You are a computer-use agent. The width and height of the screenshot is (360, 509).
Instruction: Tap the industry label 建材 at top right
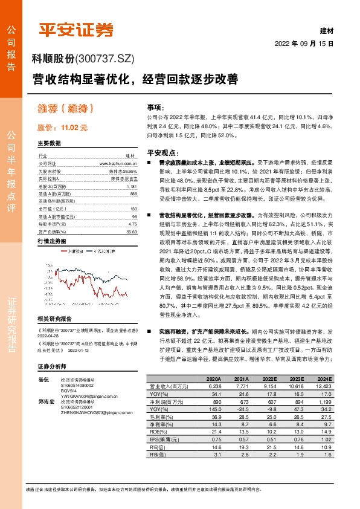pyautogui.click(x=326, y=30)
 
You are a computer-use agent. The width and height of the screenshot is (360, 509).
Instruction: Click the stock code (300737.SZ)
pyautogui.click(x=105, y=59)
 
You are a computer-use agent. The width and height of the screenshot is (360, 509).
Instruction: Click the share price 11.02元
pyautogui.click(x=63, y=128)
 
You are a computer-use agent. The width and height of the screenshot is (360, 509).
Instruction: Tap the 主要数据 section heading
pyautogui.click(x=50, y=144)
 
